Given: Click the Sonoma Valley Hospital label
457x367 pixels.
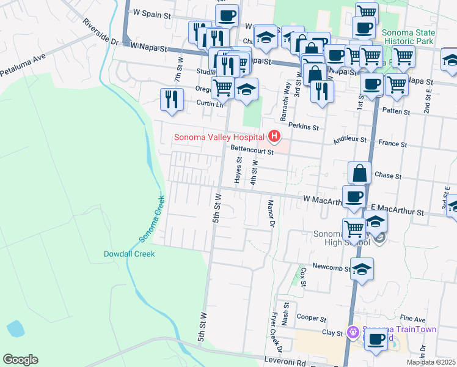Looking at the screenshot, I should [x=219, y=137].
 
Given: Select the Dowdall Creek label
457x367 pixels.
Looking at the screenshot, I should [x=129, y=253].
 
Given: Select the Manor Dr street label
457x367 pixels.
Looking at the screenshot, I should [x=269, y=213].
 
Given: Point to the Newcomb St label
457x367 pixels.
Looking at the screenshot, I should [x=331, y=267].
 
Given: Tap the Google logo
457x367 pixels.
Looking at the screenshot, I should [x=20, y=360].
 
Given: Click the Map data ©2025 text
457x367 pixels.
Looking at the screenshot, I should [x=431, y=362].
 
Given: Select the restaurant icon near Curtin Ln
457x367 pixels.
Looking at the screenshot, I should [x=172, y=98].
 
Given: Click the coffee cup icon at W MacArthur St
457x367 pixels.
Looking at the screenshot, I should [x=354, y=198].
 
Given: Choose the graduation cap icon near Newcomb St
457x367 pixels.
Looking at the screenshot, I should [x=362, y=269].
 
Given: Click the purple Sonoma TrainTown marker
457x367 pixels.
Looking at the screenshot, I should [x=352, y=333].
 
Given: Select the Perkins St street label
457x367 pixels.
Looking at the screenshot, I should [x=309, y=128].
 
